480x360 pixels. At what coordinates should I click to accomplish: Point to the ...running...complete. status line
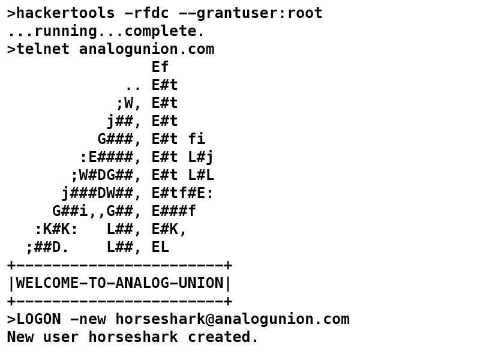tap(106, 31)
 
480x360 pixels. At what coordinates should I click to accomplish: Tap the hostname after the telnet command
tap(146, 49)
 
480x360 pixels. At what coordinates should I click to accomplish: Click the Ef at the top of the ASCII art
tap(160, 67)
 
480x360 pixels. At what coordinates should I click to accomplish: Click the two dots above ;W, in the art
tap(133, 85)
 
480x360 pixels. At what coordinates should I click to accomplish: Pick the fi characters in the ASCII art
tap(196, 139)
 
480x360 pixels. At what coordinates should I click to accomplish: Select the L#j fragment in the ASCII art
tap(201, 157)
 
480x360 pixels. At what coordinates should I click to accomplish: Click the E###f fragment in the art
tap(173, 211)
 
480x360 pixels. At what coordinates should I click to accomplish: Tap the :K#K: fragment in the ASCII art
tap(56, 229)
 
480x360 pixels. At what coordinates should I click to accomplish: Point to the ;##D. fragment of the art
tap(47, 247)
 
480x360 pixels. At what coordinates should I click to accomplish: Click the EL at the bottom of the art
tap(160, 247)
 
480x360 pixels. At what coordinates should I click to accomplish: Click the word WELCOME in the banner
tap(47, 283)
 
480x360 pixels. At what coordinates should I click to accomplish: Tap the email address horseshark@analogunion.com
tap(232, 319)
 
